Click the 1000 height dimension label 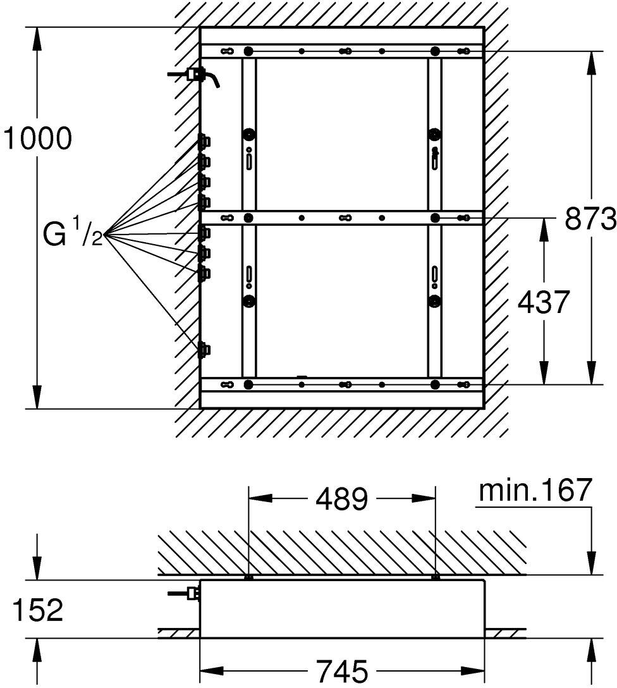37,138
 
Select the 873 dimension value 590,219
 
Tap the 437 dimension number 544,302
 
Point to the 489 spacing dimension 342,499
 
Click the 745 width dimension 342,670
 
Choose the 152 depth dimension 38,610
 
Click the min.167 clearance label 535,490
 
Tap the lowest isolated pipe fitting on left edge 204,350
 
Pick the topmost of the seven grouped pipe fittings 204,141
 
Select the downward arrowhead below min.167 592,563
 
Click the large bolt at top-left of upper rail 248,51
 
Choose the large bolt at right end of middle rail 435,218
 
